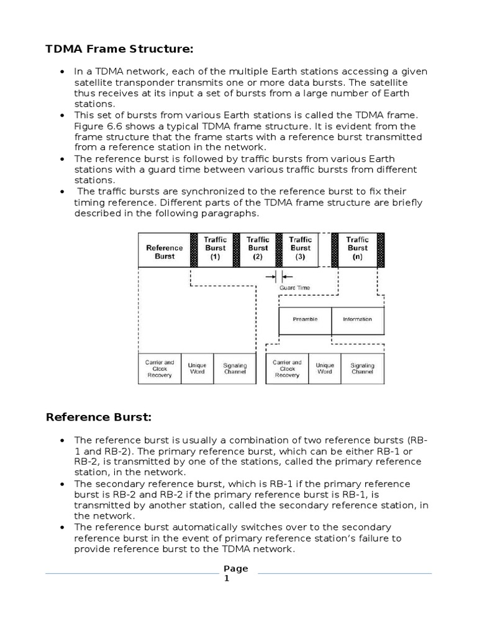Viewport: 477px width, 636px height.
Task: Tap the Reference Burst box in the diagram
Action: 164,252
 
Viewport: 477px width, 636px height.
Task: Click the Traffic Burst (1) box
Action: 216,248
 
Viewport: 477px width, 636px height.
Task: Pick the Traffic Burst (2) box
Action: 258,248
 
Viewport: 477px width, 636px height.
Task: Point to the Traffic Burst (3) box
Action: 300,248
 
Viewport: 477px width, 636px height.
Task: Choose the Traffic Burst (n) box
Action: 357,248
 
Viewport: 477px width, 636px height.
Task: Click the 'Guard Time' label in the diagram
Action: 294,288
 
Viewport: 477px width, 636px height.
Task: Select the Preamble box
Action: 305,319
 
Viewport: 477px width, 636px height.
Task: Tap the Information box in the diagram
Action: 357,319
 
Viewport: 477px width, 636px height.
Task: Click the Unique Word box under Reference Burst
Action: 197,369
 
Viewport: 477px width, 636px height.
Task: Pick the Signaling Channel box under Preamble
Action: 362,369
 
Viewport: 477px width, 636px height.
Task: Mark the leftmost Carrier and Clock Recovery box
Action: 159,369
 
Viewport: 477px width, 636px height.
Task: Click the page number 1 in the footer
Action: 227,578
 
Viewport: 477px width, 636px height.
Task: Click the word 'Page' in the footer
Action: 235,568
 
